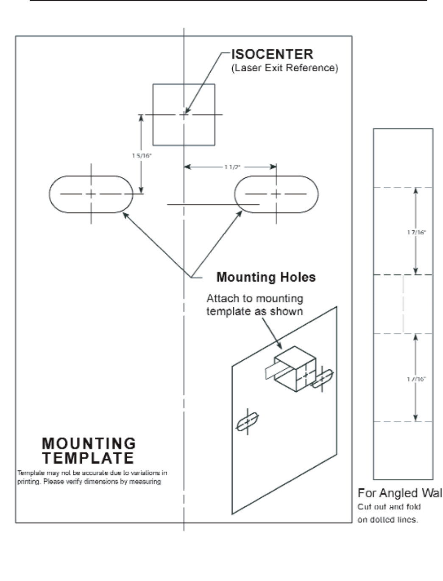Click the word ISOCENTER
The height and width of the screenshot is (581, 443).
coord(272,54)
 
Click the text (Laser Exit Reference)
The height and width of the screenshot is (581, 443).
coord(284,68)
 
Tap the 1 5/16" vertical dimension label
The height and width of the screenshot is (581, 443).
coord(142,156)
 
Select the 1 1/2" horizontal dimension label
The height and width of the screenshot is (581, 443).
coord(232,167)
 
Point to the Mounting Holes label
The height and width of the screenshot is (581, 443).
coord(266,277)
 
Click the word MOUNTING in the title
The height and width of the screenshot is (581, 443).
coord(89,443)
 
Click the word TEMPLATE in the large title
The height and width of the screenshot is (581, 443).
coord(88,458)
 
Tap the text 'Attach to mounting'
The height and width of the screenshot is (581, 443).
coord(255,298)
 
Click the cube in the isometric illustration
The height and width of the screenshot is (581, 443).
coord(295,368)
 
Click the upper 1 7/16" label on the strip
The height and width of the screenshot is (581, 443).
coord(416,232)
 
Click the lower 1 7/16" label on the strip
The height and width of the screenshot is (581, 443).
coord(416,379)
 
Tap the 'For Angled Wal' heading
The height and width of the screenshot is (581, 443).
coord(399,493)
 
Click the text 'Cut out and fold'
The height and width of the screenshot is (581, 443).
coord(389,507)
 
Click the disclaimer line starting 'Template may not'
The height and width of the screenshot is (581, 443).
coord(92,473)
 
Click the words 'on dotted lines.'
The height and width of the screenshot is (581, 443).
coord(387,519)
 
